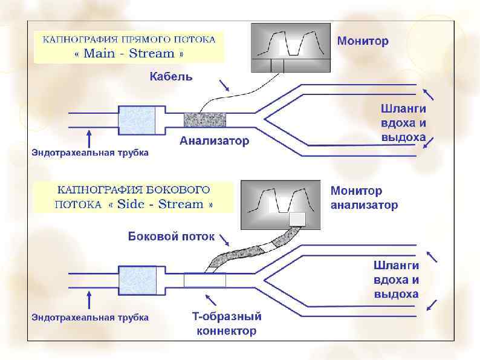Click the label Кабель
point(171,76)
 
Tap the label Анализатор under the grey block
point(214,141)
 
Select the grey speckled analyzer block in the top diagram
point(204,119)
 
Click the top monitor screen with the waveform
point(290,48)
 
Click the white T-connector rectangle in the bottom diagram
point(204,281)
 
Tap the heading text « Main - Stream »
point(129,53)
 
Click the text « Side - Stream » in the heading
point(160,204)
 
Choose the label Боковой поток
point(171,236)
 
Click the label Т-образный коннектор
point(227,324)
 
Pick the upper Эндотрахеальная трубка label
point(90,152)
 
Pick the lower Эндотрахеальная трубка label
point(90,316)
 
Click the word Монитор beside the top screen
point(363,41)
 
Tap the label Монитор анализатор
point(364,198)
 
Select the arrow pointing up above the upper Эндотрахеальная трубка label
point(89,136)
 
